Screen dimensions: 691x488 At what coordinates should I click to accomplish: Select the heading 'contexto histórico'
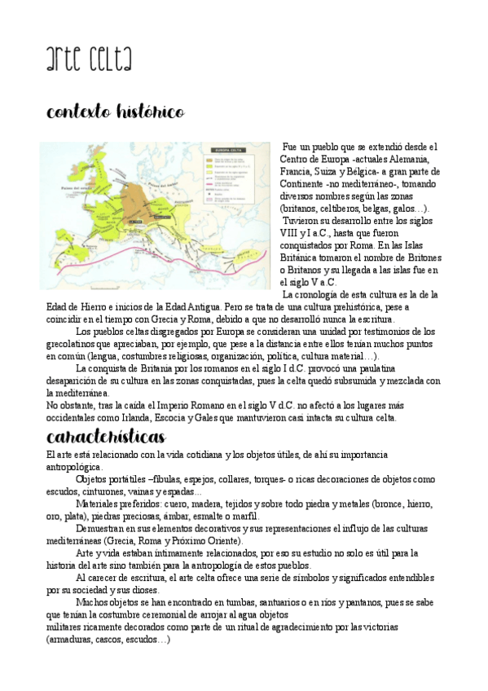(115, 111)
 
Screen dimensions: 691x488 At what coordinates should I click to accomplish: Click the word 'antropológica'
(74, 467)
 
